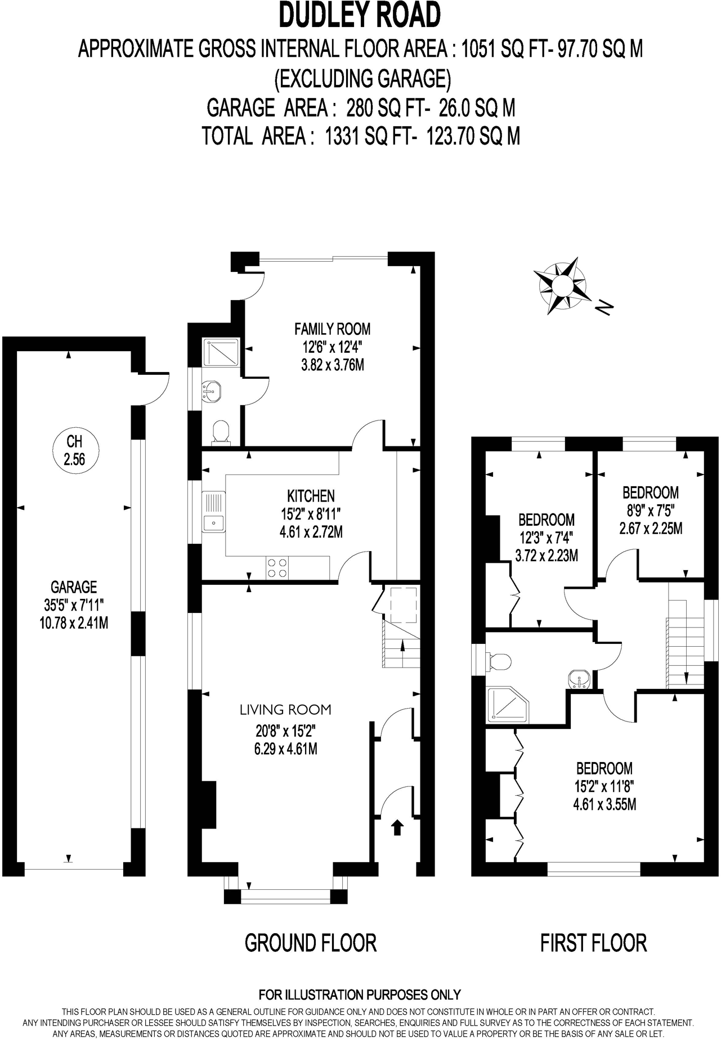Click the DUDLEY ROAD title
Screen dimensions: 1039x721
coord(360,15)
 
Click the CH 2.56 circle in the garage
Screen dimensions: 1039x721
coord(74,450)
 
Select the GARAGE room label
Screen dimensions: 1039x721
coord(74,587)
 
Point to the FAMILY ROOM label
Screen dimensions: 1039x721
coord(332,329)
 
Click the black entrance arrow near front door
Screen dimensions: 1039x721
coord(397,827)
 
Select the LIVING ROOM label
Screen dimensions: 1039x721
coord(285,710)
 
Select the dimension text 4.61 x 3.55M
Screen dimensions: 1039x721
coord(604,804)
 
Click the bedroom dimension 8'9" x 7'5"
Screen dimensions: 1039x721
coord(650,510)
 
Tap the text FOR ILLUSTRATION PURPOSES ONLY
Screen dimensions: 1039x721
coord(360,995)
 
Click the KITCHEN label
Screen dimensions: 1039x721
coord(311,495)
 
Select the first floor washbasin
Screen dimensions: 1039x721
coord(579,679)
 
